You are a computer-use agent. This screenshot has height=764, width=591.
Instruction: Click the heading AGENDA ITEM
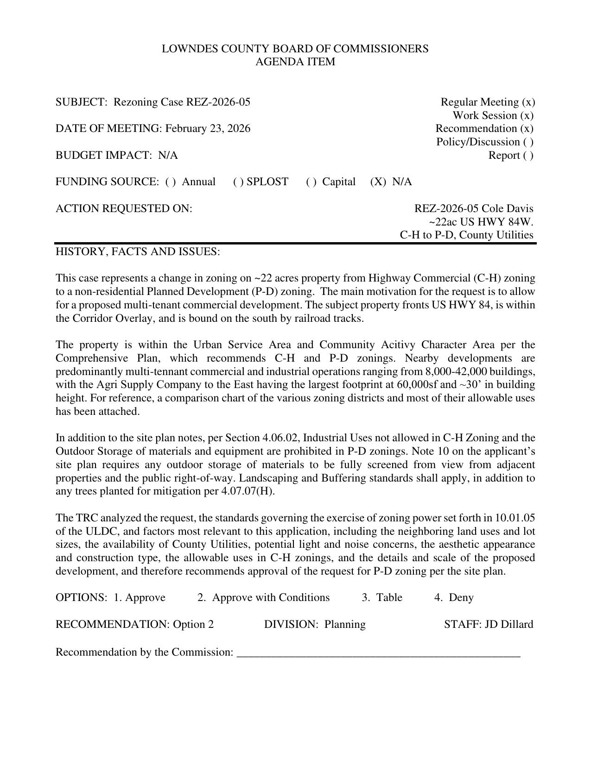(x=295, y=62)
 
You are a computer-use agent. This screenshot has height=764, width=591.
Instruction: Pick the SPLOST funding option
(x=261, y=182)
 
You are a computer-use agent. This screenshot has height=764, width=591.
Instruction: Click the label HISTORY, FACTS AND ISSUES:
(x=138, y=251)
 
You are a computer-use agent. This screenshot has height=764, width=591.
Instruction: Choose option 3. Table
(x=382, y=598)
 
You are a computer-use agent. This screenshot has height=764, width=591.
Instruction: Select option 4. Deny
(x=454, y=598)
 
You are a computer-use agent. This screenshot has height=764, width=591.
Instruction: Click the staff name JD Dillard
(x=509, y=625)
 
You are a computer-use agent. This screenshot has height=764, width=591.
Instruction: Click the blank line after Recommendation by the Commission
(x=378, y=652)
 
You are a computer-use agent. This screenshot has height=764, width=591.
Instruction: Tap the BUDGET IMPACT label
(x=105, y=155)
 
